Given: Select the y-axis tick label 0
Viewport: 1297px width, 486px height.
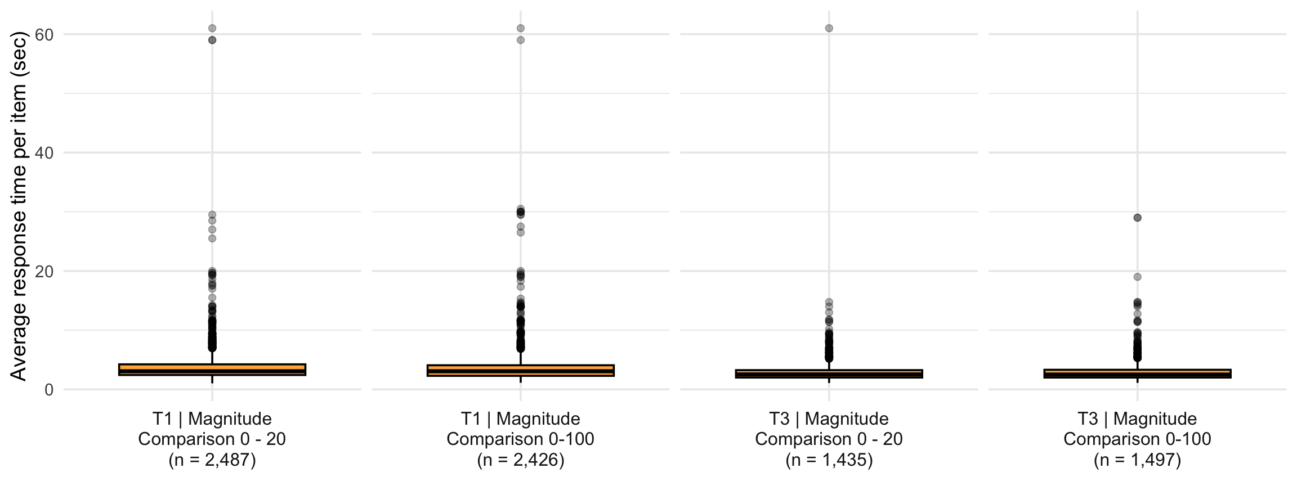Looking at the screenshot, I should [48, 389].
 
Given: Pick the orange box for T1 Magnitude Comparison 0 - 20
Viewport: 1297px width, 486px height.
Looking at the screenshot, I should [212, 370].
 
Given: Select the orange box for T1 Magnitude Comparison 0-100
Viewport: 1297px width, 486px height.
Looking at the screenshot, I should [521, 370].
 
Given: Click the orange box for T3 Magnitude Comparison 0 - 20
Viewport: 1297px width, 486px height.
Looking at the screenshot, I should [829, 373].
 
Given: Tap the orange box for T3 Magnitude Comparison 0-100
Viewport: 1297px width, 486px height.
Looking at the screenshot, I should [1137, 373].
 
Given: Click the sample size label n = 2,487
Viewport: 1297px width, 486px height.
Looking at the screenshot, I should [212, 460].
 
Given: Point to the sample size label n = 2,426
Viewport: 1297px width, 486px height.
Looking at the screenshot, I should [521, 460].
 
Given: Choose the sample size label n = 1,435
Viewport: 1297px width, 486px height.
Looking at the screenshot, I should [829, 460].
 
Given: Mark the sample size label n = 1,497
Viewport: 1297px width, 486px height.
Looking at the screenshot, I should [1137, 460].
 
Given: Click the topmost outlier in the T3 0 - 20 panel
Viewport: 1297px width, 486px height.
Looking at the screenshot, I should [829, 28].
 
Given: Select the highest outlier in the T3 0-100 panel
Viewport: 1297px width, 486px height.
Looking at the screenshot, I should [1137, 218].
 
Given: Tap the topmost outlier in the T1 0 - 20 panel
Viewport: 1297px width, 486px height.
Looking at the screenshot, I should [212, 28].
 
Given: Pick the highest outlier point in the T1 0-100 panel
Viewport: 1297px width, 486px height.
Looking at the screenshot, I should [521, 28].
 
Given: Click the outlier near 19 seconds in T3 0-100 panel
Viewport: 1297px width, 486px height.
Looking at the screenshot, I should [1137, 277].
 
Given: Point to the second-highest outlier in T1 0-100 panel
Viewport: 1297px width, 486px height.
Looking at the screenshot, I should [521, 40].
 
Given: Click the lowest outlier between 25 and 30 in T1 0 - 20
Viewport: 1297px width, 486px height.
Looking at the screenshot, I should [212, 238].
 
